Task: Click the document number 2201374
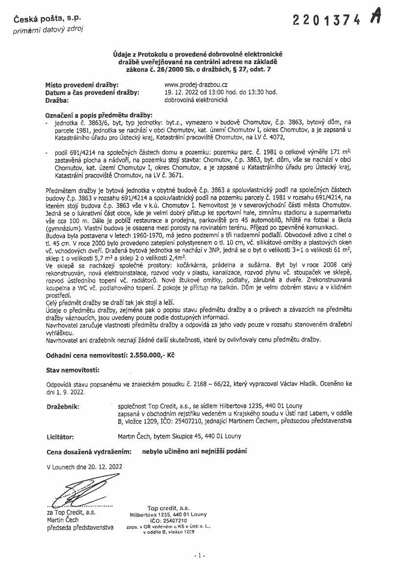click(327, 19)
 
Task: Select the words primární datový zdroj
click(48, 29)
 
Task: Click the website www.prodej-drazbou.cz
click(196, 85)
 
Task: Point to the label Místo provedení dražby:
click(82, 85)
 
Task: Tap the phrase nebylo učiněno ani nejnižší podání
click(194, 451)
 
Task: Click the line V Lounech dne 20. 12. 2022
click(85, 466)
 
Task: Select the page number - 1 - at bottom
click(200, 555)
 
